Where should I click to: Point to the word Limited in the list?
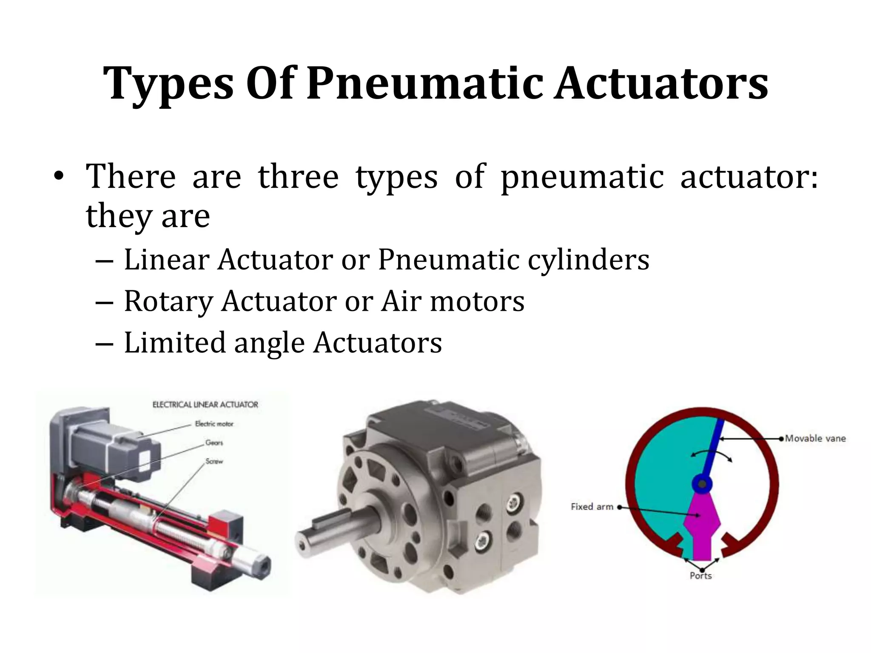(174, 343)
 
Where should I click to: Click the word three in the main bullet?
(298, 176)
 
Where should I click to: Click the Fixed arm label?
(592, 507)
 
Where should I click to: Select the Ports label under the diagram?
(700, 576)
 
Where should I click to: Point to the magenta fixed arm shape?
(702, 527)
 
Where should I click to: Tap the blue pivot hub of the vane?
(702, 484)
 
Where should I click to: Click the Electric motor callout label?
(214, 423)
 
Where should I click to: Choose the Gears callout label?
(214, 443)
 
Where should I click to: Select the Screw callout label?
(214, 461)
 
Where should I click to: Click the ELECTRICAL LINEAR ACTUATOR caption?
(205, 404)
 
